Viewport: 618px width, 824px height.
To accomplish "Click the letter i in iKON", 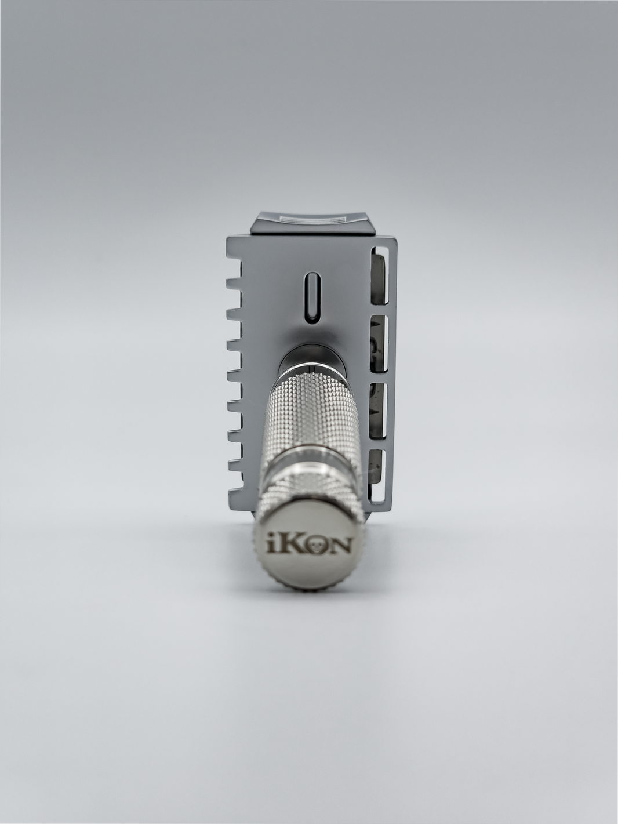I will (x=271, y=544).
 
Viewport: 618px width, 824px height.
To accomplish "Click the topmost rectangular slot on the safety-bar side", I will (x=381, y=278).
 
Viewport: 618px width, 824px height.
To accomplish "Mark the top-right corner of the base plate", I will (x=391, y=239).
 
